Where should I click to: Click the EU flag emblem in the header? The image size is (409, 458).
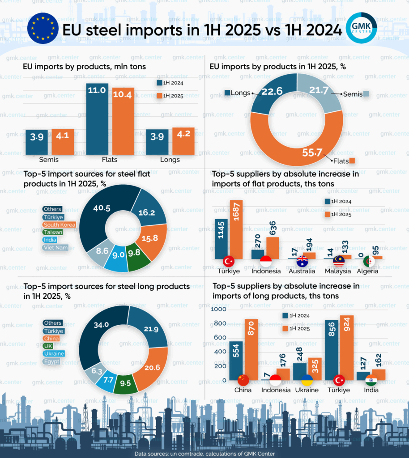(43, 28)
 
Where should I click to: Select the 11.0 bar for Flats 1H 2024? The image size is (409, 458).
(97, 119)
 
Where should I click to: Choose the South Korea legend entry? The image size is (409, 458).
(59, 225)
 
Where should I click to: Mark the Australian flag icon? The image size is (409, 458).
(302, 260)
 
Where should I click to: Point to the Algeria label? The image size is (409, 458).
(367, 271)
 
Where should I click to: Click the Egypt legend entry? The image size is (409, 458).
(51, 361)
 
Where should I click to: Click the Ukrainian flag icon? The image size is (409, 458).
(307, 380)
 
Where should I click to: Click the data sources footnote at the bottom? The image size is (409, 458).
(204, 454)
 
